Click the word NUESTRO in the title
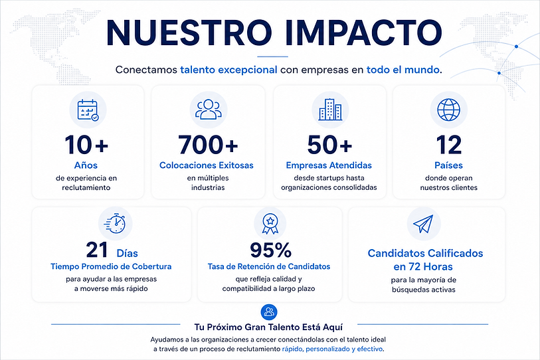(x=189, y=33)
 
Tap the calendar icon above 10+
(x=88, y=110)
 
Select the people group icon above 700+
(x=209, y=110)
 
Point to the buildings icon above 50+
(x=330, y=110)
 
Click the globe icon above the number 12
(x=449, y=110)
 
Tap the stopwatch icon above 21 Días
(x=115, y=223)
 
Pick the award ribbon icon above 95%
(x=270, y=224)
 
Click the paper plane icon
(x=423, y=224)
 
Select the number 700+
(x=208, y=145)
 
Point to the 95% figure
(x=271, y=250)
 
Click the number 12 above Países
(x=449, y=145)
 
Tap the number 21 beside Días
(x=97, y=250)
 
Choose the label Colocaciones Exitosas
(x=207, y=165)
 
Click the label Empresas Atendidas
(x=329, y=165)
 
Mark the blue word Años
(x=86, y=165)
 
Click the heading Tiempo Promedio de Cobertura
(x=111, y=266)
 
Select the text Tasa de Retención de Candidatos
(x=269, y=266)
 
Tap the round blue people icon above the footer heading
(x=269, y=312)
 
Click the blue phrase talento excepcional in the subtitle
(x=228, y=70)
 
